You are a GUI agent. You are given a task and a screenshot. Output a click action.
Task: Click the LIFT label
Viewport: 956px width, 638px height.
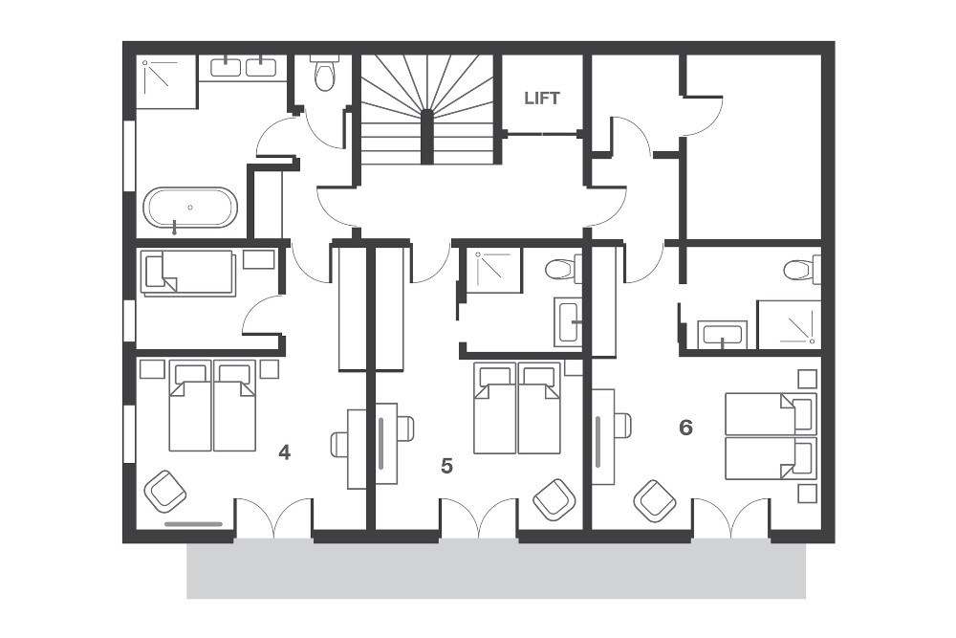[x=541, y=98]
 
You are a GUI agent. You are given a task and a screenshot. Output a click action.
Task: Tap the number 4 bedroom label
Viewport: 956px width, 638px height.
[x=284, y=452]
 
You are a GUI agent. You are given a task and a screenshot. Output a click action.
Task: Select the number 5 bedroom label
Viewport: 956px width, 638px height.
[x=446, y=466]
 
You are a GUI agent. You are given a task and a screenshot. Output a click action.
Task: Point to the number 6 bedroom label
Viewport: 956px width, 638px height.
[x=685, y=428]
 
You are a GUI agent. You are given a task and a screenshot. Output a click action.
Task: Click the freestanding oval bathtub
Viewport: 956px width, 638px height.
[x=189, y=209]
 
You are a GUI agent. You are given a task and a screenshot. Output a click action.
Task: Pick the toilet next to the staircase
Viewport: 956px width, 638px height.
[x=324, y=72]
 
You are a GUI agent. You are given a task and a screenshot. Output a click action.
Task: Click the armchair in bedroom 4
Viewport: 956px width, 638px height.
[x=164, y=491]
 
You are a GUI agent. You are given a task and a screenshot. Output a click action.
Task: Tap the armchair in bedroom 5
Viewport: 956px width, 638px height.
[x=554, y=500]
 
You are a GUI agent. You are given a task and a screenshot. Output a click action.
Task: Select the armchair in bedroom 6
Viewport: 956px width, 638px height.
[x=655, y=501]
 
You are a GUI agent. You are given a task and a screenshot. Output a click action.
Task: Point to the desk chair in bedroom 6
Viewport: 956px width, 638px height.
[x=623, y=426]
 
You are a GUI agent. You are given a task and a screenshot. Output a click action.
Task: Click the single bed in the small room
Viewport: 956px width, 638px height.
[x=188, y=273]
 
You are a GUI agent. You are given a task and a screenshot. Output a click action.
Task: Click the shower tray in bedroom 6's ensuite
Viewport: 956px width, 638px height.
[x=789, y=324]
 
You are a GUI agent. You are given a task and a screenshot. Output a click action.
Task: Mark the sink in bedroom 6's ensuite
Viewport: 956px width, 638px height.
[x=723, y=334]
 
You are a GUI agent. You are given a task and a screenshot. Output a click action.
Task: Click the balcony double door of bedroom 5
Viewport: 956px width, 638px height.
[x=479, y=516]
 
